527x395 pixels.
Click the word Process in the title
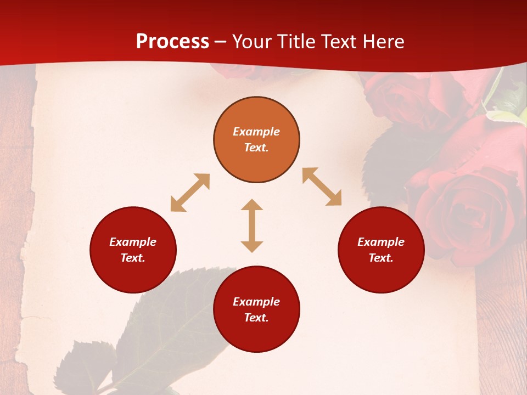(x=172, y=42)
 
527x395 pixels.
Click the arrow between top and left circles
(x=190, y=193)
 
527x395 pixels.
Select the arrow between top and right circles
(x=322, y=187)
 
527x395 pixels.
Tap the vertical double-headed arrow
(x=252, y=225)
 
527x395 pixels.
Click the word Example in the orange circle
(x=256, y=132)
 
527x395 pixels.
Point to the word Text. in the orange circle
(x=256, y=148)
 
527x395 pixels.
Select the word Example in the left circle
(x=133, y=242)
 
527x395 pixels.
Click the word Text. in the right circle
(x=381, y=258)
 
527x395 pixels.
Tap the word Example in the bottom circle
(x=256, y=302)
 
